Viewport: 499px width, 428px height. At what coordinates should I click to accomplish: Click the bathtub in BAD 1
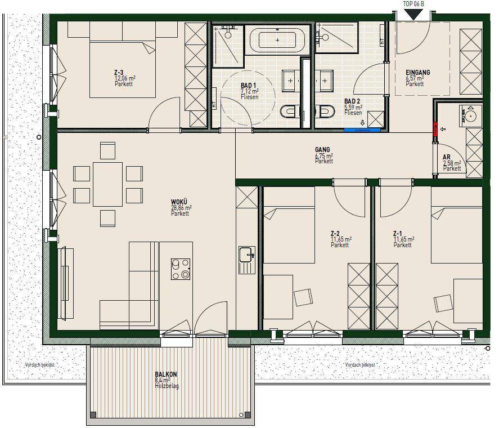pyautogui.click(x=277, y=40)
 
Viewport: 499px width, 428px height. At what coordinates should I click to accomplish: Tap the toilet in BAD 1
pyautogui.click(x=290, y=112)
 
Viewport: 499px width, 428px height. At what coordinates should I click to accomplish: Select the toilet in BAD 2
pyautogui.click(x=325, y=112)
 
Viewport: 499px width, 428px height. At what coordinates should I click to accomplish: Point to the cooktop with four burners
pyautogui.click(x=181, y=269)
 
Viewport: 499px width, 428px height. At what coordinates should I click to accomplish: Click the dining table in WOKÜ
pyautogui.click(x=107, y=185)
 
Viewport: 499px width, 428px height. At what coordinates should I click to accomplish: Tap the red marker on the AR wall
pyautogui.click(x=435, y=129)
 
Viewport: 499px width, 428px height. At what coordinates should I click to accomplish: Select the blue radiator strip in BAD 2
pyautogui.click(x=362, y=130)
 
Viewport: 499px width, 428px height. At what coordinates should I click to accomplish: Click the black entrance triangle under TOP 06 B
pyautogui.click(x=413, y=15)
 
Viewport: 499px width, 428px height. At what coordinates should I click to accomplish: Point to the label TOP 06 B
pyautogui.click(x=413, y=4)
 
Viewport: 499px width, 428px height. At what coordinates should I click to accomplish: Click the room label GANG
pyautogui.click(x=322, y=149)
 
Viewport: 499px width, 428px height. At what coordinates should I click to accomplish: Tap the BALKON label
pyautogui.click(x=166, y=374)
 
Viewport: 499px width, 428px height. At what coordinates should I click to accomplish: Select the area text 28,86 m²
pyautogui.click(x=181, y=208)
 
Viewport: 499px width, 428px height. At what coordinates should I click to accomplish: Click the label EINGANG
pyautogui.click(x=417, y=72)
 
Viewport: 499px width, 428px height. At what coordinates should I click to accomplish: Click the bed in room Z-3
pyautogui.click(x=123, y=69)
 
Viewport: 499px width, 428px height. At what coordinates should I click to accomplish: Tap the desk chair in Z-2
pyautogui.click(x=303, y=297)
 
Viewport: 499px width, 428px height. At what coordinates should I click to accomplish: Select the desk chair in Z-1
pyautogui.click(x=443, y=304)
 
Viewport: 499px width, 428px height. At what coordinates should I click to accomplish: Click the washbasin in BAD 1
pyautogui.click(x=290, y=81)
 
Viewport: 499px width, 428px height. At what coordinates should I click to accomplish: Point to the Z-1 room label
pyautogui.click(x=398, y=234)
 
